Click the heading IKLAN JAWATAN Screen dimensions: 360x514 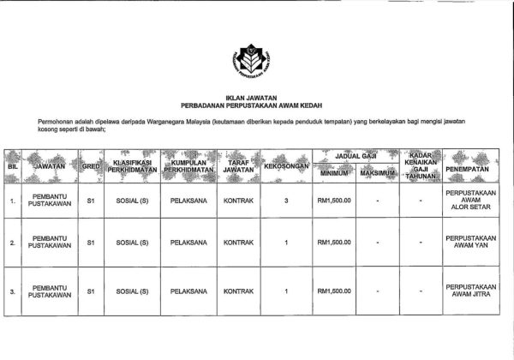[x=256, y=99]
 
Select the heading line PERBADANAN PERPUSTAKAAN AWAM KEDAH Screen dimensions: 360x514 [x=256, y=107]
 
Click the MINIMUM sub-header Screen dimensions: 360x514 [x=334, y=175]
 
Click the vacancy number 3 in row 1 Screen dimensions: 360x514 [x=285, y=202]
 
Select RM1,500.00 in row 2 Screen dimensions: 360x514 [x=334, y=243]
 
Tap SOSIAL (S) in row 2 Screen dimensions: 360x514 [x=132, y=243]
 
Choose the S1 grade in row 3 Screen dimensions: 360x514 [x=90, y=291]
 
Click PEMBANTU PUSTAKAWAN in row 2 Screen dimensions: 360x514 [x=47, y=243]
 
